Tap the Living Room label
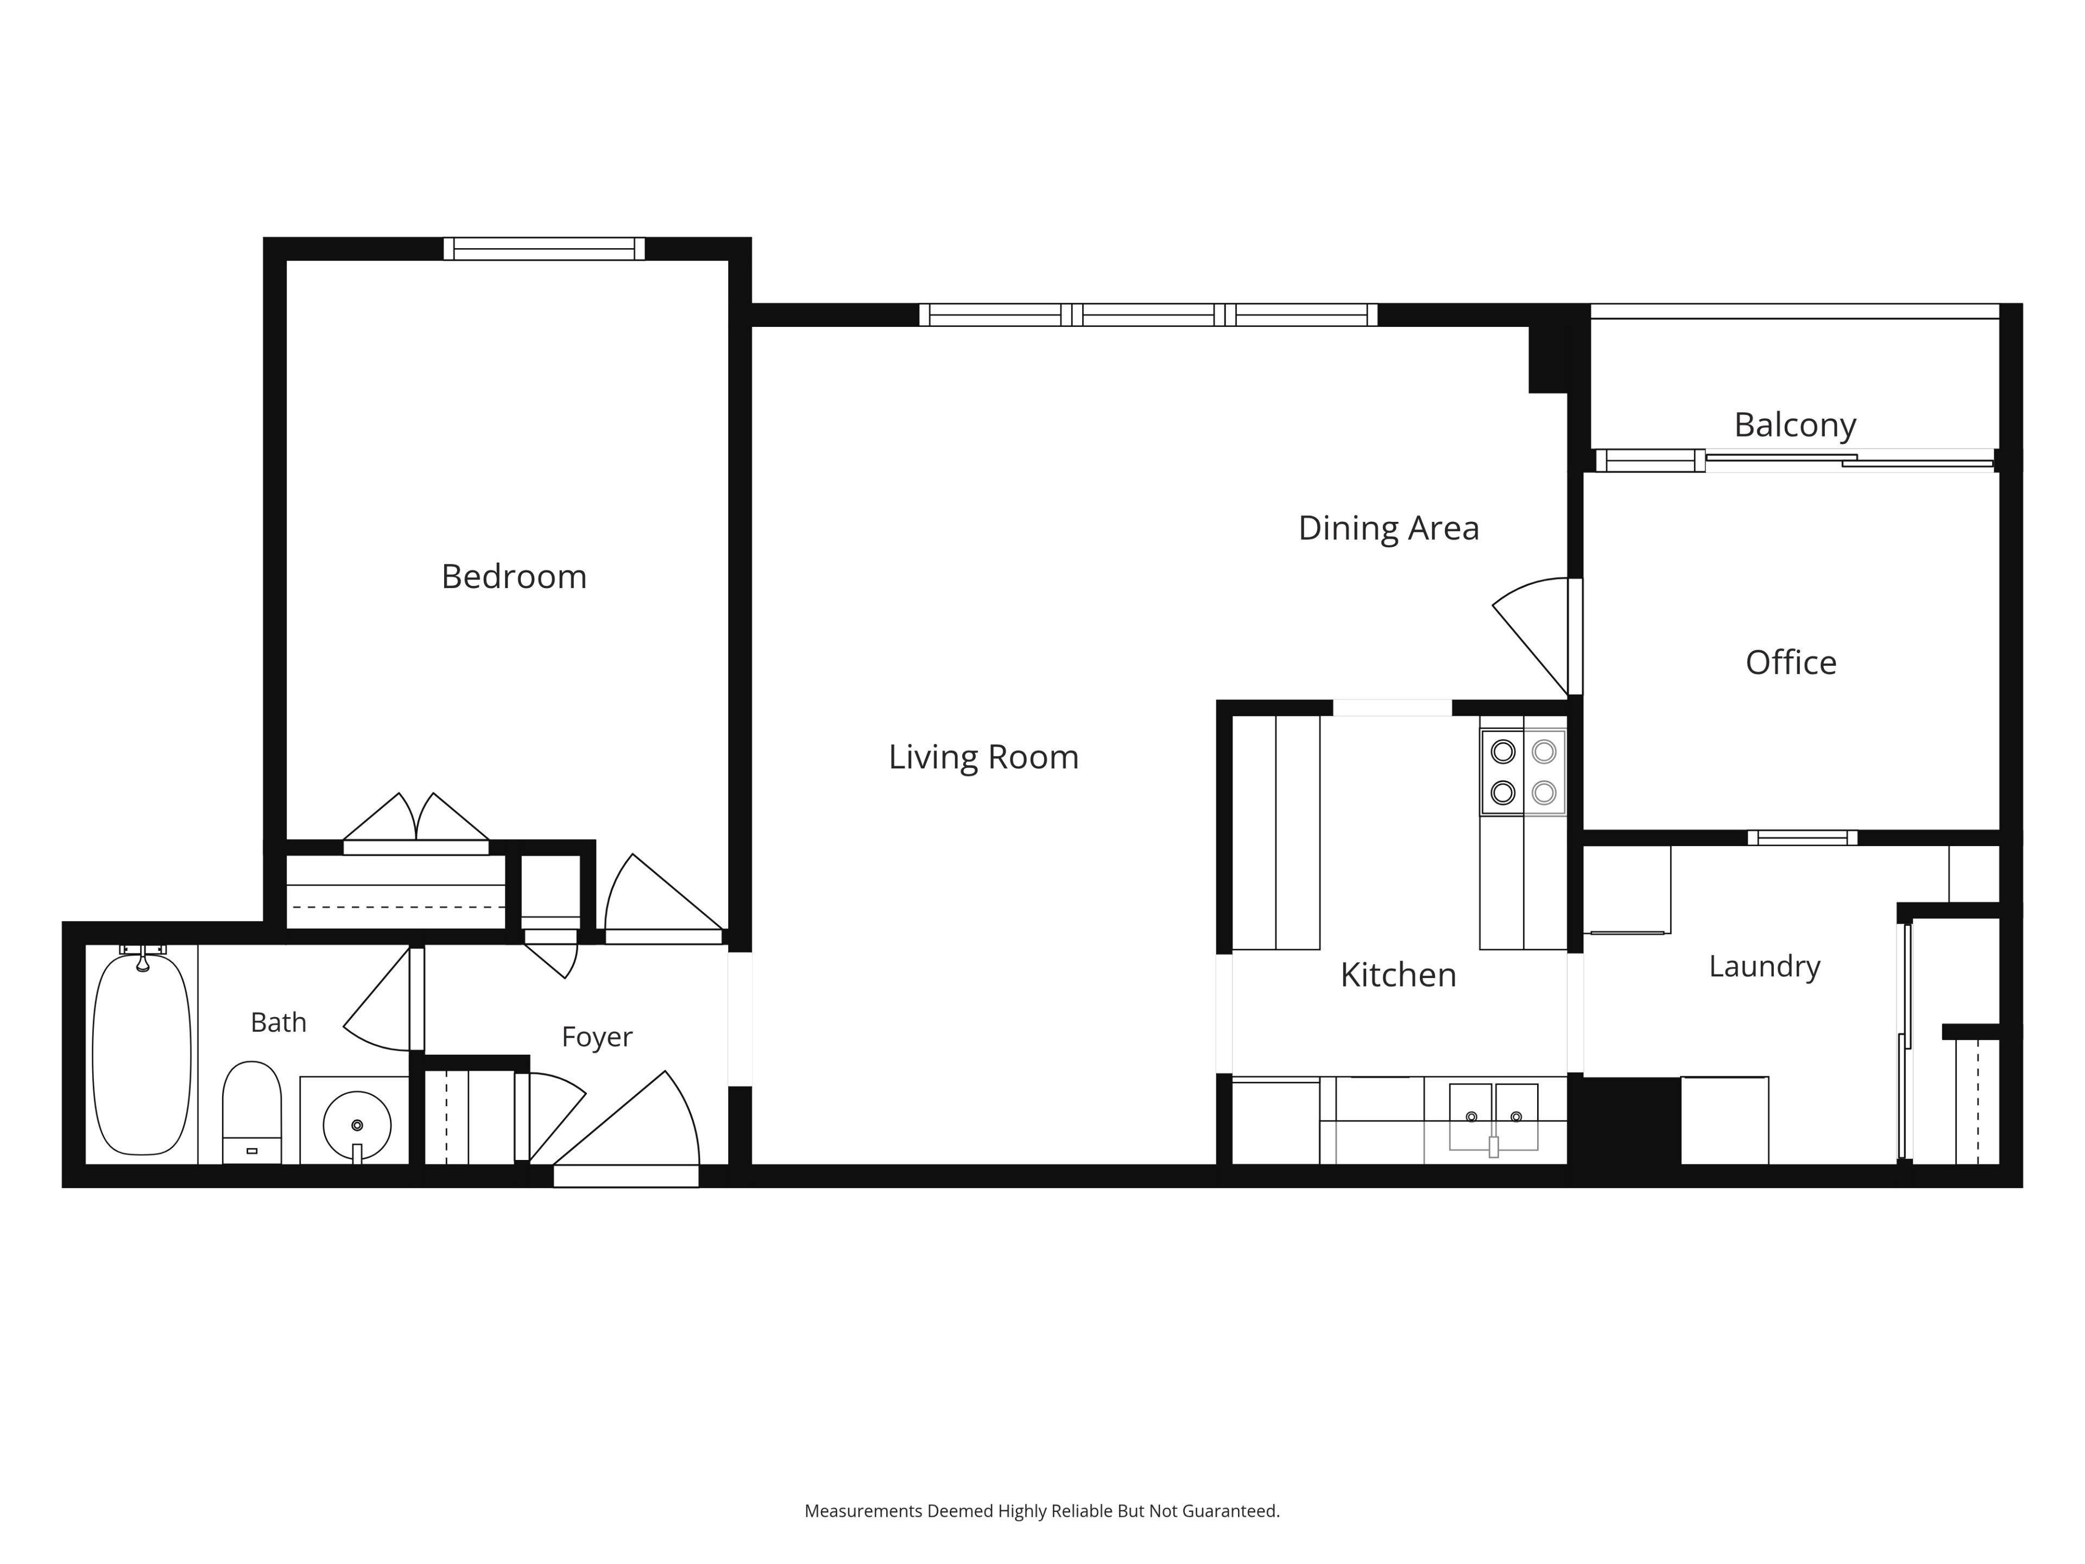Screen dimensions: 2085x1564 coord(983,757)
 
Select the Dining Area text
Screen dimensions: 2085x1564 coord(1388,528)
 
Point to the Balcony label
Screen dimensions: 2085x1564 coord(1795,425)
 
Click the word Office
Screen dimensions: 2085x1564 coord(1791,663)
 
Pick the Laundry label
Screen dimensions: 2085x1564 coord(1765,966)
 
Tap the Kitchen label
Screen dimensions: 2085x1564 coord(1398,975)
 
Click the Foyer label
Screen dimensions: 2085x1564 coord(597,1037)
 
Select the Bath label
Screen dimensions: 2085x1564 coord(278,1022)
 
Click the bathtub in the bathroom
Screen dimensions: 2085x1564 coord(141,1054)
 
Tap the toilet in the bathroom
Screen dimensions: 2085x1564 coord(252,1112)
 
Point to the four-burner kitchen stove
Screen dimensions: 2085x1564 coord(1523,772)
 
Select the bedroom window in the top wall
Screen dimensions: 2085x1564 coord(544,249)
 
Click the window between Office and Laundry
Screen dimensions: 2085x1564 coord(1802,838)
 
